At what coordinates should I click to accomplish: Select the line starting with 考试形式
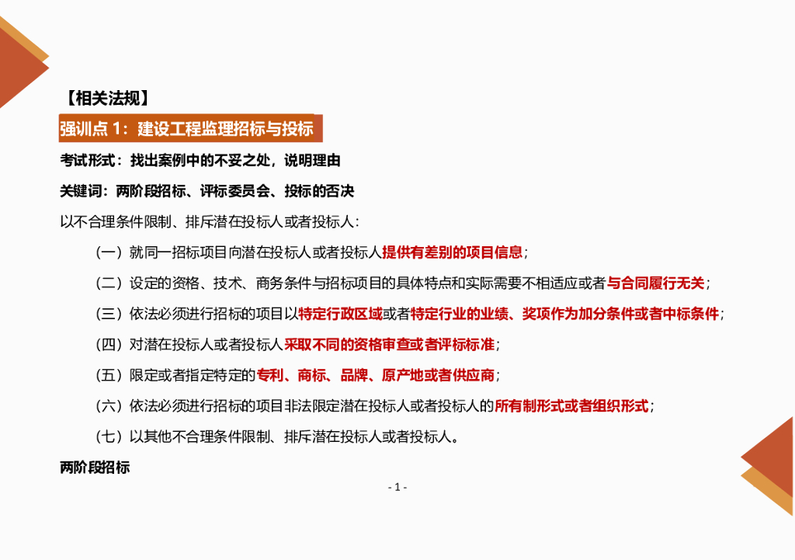(200, 161)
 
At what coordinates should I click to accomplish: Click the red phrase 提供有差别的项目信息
(452, 252)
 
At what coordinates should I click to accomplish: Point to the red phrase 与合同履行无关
(655, 283)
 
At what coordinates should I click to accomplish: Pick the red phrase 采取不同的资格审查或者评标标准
(389, 344)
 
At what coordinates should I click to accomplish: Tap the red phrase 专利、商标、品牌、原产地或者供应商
(376, 375)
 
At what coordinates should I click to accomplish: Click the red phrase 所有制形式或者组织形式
(571, 405)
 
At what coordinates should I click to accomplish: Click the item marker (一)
(109, 252)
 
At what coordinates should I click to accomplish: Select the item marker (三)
(109, 314)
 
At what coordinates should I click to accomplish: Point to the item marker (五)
(109, 375)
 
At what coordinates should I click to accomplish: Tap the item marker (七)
(109, 437)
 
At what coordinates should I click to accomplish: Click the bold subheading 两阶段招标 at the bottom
(95, 468)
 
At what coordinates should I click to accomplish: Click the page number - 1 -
(397, 487)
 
